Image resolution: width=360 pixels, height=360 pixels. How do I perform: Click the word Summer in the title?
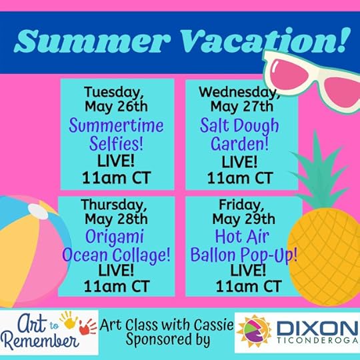click(x=92, y=41)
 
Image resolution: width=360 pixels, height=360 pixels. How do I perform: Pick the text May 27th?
click(x=242, y=107)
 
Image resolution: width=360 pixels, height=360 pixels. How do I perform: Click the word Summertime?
click(x=117, y=125)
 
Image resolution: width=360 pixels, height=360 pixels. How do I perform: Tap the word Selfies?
click(x=117, y=143)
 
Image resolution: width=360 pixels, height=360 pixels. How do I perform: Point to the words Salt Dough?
click(x=239, y=126)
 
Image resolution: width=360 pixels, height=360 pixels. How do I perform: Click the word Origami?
click(x=115, y=237)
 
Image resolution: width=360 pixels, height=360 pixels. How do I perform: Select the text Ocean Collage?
click(x=117, y=255)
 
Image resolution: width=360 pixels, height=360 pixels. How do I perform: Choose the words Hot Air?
click(x=242, y=237)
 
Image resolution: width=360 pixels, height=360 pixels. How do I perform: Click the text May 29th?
click(x=243, y=219)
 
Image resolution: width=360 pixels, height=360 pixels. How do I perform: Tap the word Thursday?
click(x=113, y=205)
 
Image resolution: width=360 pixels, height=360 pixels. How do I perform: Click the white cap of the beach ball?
click(x=38, y=212)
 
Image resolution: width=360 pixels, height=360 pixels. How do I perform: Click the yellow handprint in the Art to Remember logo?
click(x=69, y=319)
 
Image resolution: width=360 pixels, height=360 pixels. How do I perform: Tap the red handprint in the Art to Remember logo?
click(x=87, y=327)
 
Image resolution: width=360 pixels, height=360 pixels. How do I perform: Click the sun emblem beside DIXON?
click(x=254, y=331)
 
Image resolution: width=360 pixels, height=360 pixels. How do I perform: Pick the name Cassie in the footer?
click(x=213, y=325)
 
